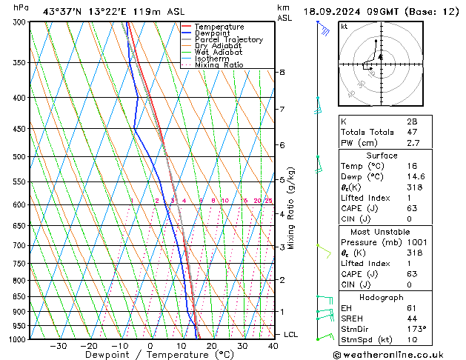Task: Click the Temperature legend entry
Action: [219, 27]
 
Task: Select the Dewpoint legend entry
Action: [213, 33]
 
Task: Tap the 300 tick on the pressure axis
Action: [19, 22]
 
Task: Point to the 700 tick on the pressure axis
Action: [19, 245]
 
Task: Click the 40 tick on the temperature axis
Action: [273, 346]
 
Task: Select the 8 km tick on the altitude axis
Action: [282, 72]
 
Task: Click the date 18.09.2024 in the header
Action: [331, 11]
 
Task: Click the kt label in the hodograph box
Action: [344, 26]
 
